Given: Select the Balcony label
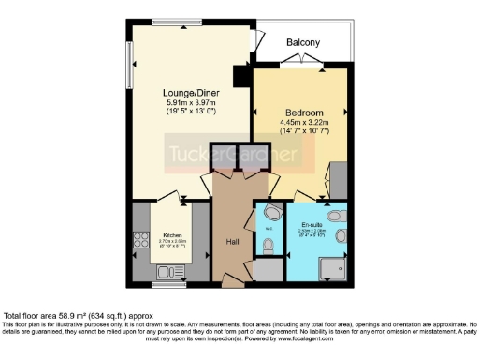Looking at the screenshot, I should tap(302, 42).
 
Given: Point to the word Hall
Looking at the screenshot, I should tap(233, 241).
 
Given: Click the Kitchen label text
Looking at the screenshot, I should tap(173, 235).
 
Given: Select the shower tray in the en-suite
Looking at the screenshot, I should tap(332, 267).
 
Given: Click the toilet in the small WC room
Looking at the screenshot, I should tap(268, 247).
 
